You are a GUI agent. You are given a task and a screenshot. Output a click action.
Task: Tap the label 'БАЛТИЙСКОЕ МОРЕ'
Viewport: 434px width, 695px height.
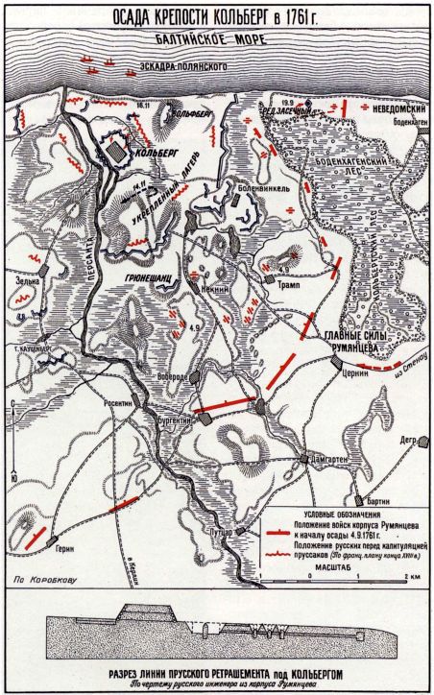(x=217, y=41)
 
